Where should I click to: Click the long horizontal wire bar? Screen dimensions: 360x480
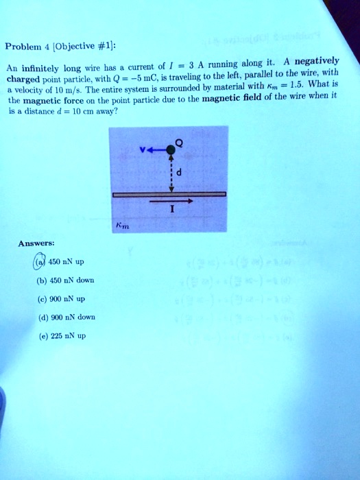[x=169, y=195]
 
